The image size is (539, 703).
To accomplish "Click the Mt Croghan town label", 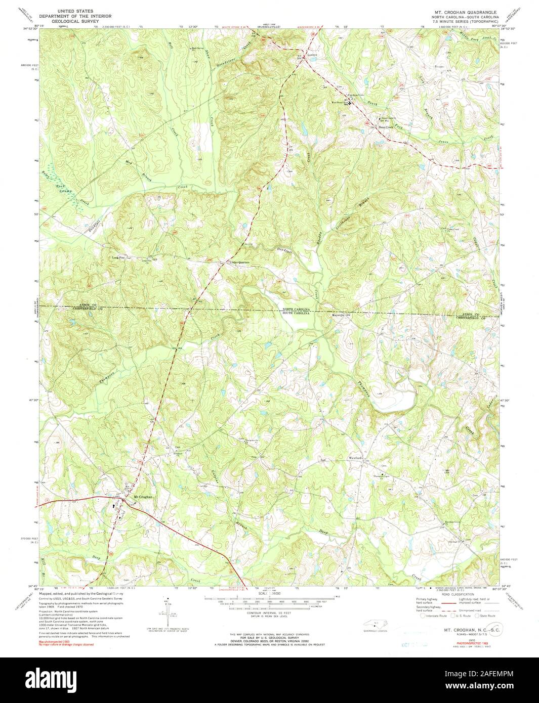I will point(142,497).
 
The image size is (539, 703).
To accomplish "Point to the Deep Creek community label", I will point(386,127).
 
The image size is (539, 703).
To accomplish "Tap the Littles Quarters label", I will point(239,262).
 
